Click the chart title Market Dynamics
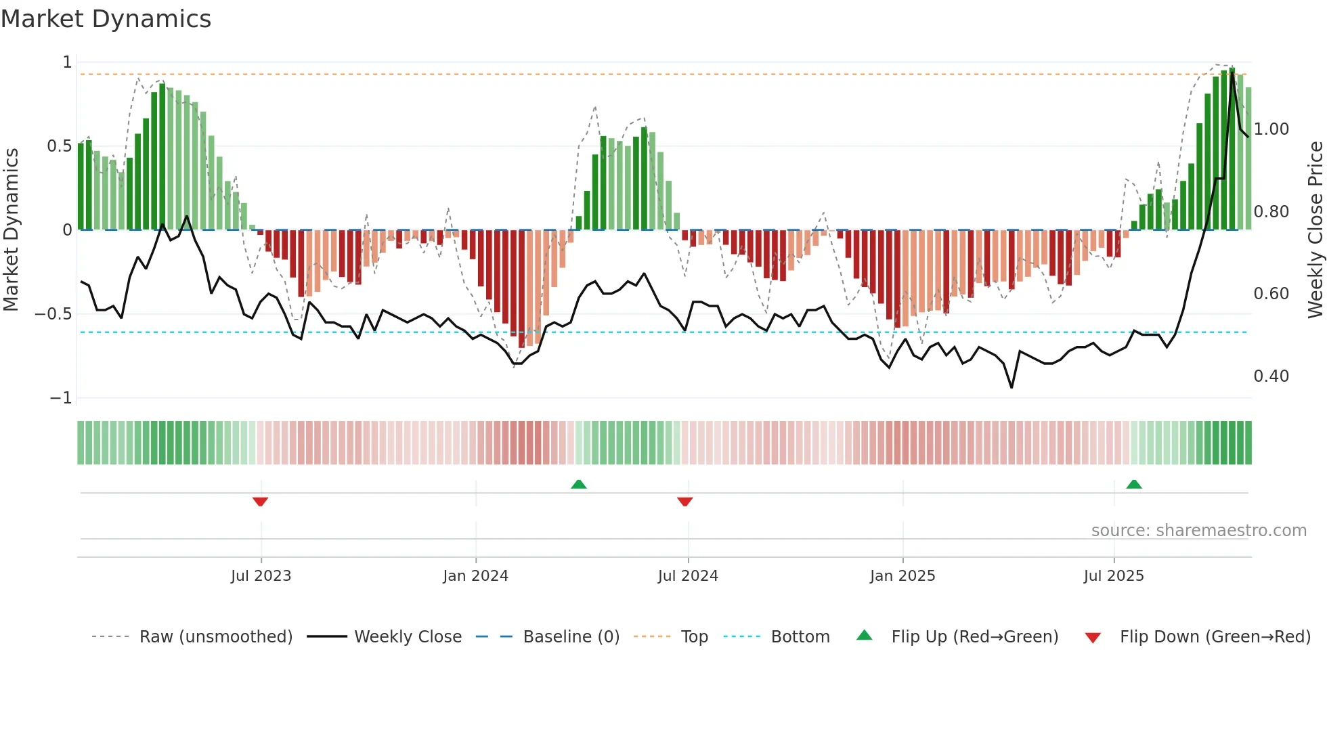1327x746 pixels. point(106,19)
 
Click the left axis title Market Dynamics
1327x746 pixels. point(12,229)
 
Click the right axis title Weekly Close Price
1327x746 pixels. point(1315,229)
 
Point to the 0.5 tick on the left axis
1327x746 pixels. point(60,146)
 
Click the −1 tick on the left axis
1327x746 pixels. point(61,398)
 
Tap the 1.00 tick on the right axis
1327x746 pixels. point(1271,129)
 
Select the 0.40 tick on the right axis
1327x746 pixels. point(1271,376)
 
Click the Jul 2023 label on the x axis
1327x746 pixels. point(261,576)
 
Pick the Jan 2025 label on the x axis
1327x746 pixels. point(902,576)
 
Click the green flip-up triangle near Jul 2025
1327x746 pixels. point(1133,485)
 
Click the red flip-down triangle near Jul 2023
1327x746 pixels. point(260,502)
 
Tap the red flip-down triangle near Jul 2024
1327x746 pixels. point(684,502)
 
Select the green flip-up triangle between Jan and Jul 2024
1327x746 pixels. point(578,485)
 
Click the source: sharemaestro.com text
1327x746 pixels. point(1198,531)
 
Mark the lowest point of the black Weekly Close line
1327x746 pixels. point(1011,387)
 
